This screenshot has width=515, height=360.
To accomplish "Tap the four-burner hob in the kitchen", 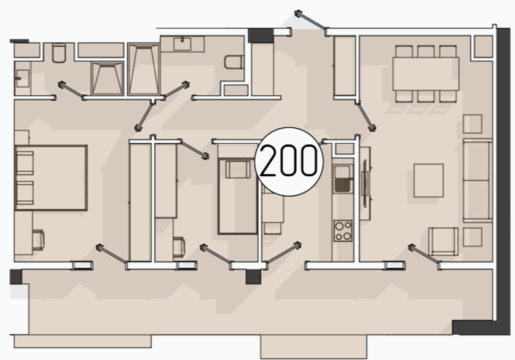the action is tap(343, 230).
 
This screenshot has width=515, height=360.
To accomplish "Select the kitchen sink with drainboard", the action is tap(343, 178).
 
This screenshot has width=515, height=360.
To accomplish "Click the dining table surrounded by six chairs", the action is tap(426, 74).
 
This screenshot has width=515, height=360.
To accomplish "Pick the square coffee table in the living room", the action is tap(428, 181).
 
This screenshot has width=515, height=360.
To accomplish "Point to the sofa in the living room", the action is tap(478, 181).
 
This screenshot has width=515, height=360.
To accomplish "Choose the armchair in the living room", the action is tap(443, 241).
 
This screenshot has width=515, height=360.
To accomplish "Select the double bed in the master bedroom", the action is tap(51, 178).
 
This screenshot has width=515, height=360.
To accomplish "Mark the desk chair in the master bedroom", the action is tap(39, 240).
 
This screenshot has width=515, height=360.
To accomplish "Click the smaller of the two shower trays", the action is tap(107, 79).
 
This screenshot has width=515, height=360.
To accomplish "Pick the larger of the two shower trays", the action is tap(144, 69).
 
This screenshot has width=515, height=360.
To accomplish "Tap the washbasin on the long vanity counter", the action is tap(182, 44).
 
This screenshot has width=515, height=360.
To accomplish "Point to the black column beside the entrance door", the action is tap(261, 36).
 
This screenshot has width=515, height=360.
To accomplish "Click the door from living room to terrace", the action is tap(424, 254).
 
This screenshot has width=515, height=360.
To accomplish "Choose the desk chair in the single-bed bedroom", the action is tap(179, 247).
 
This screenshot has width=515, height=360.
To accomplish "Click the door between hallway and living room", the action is tap(366, 116).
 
